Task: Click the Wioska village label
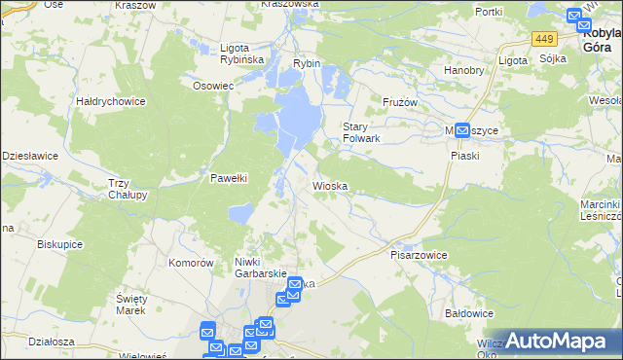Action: click(x=330, y=185)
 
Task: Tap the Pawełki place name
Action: click(x=231, y=178)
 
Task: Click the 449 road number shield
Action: click(x=544, y=39)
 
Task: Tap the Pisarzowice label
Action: click(x=419, y=255)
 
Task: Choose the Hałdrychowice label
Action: click(x=111, y=100)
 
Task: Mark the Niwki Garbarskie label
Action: click(x=259, y=268)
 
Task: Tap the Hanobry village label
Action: click(x=464, y=70)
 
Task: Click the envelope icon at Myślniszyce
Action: click(x=463, y=129)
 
